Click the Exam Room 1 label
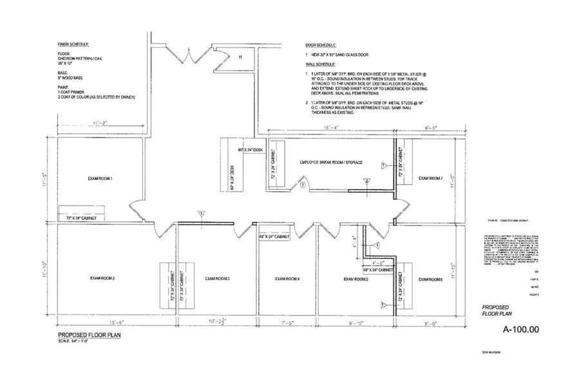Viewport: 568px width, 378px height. (100, 177)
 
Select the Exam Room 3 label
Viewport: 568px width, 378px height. (218, 278)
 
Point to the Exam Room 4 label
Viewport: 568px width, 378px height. (287, 278)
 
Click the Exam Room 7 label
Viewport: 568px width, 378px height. (431, 178)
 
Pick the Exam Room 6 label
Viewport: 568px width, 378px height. (430, 279)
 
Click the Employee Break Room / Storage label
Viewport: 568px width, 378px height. (331, 163)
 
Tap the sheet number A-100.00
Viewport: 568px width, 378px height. (519, 329)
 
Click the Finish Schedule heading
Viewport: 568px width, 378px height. (73, 44)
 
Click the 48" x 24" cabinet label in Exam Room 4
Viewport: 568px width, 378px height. (274, 237)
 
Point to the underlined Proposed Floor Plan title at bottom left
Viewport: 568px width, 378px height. (90, 334)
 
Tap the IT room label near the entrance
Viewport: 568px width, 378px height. (240, 57)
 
